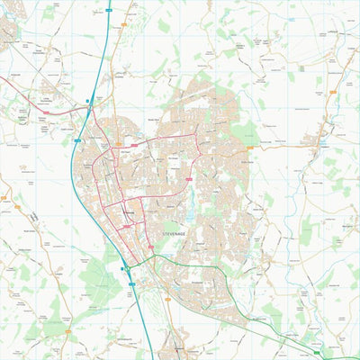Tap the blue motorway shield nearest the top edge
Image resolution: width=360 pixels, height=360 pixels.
click(108, 9)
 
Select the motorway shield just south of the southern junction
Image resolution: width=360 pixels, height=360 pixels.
click(132, 283)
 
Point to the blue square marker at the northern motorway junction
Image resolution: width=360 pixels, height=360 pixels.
click(87, 101)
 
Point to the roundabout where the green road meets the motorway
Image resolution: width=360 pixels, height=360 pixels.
click(127, 268)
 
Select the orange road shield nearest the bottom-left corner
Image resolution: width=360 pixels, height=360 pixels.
click(4, 197)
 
